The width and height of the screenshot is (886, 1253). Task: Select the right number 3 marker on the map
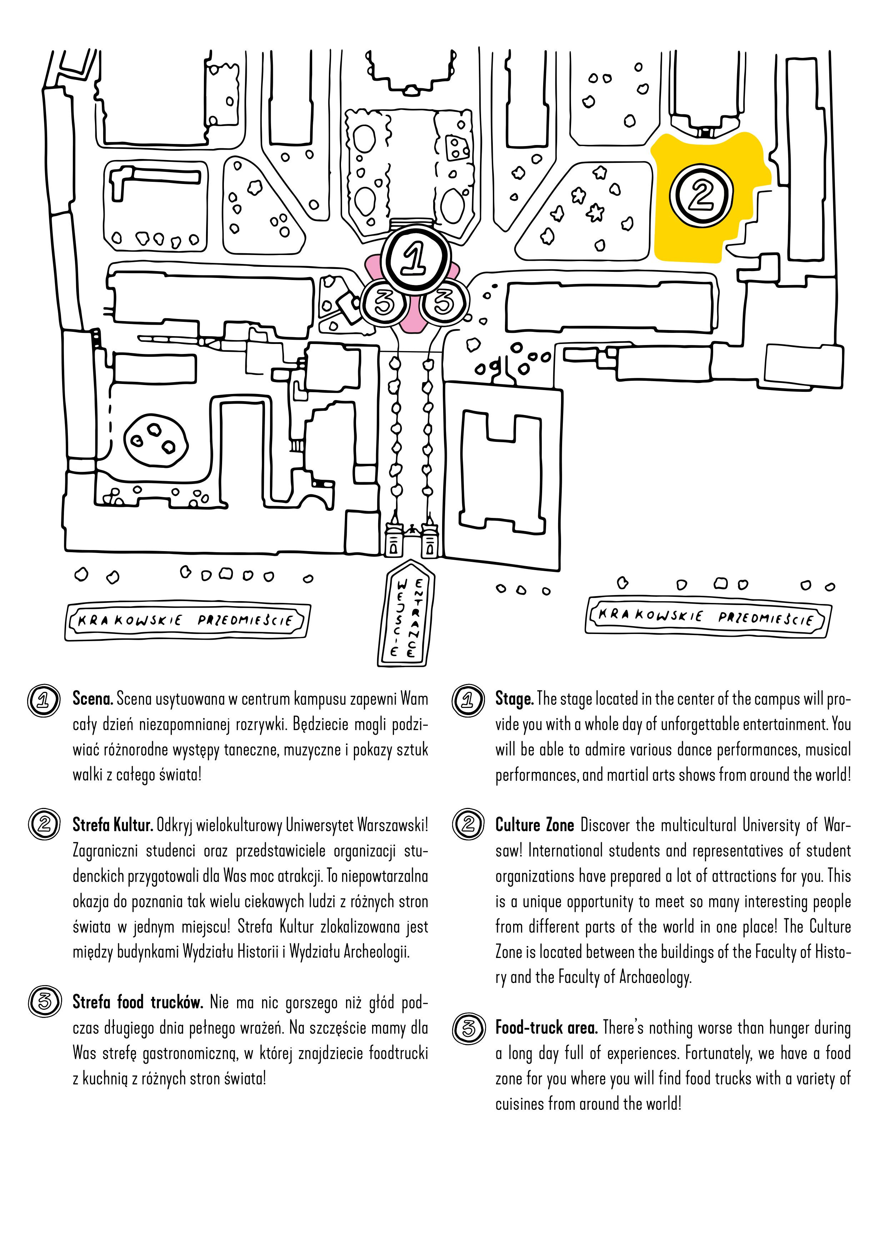(x=446, y=302)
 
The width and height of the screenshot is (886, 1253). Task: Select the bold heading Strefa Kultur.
(x=112, y=825)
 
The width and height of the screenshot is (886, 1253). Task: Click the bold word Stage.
(x=514, y=699)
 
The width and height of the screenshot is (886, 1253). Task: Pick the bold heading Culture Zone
(x=534, y=825)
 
